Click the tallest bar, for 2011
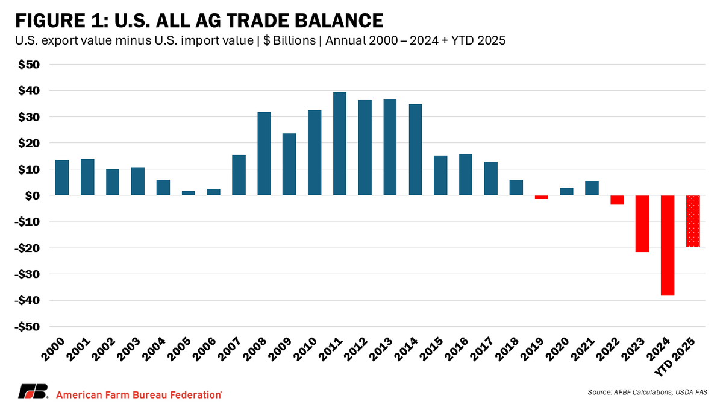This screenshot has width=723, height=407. click(x=340, y=144)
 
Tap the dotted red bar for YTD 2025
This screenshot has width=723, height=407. click(x=693, y=221)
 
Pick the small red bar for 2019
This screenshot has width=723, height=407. click(x=541, y=197)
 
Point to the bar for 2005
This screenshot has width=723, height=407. click(x=188, y=193)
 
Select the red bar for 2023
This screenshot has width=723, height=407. click(x=642, y=224)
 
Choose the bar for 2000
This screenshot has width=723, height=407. click(x=62, y=177)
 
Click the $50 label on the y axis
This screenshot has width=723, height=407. click(x=29, y=65)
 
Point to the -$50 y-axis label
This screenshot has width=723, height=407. click(x=27, y=327)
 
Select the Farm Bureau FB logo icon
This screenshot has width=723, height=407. click(x=32, y=392)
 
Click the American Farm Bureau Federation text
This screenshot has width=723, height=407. click(x=139, y=394)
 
